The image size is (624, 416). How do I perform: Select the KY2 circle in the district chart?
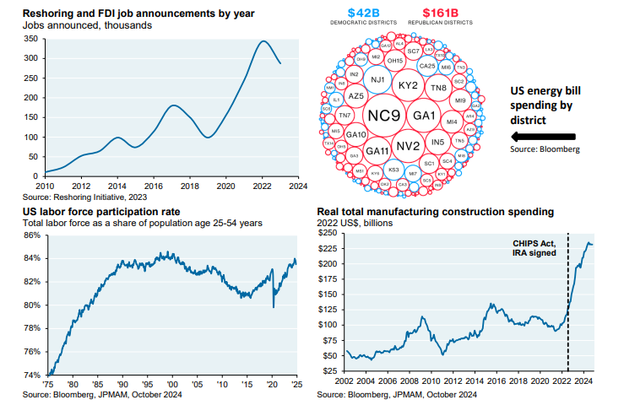408,86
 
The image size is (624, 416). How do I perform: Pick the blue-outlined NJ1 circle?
379,81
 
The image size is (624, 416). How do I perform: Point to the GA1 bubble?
423,115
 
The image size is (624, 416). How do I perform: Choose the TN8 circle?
439,88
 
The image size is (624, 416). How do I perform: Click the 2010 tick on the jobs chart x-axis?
44,185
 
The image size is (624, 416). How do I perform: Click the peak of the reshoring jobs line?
264,41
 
